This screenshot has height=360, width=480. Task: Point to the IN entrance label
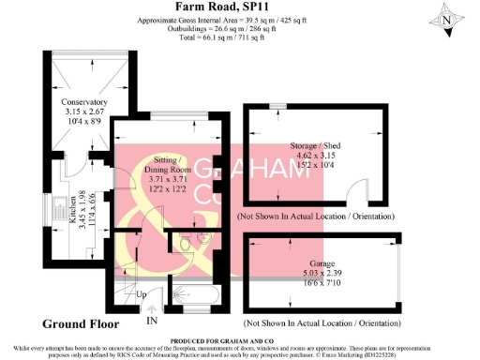152,321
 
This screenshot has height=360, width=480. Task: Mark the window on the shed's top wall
279,107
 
